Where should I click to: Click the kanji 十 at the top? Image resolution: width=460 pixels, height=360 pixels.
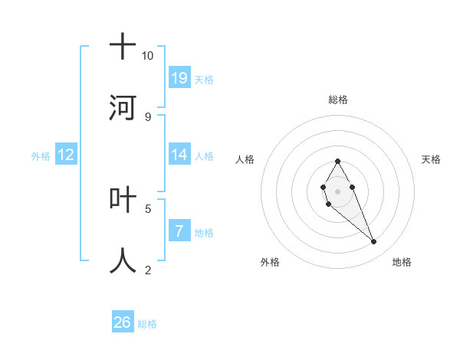123,47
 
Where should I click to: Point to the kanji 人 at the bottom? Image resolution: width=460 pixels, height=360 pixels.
123,260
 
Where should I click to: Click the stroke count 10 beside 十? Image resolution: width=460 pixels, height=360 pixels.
147,56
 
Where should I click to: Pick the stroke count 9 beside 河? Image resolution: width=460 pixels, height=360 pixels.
148,116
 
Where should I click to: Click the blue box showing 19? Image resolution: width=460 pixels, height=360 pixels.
179,78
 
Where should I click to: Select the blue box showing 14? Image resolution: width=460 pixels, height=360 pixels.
179,155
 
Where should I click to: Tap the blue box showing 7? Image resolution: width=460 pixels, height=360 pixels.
179,231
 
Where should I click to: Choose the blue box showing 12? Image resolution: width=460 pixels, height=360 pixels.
66,155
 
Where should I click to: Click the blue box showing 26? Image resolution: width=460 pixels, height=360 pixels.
123,322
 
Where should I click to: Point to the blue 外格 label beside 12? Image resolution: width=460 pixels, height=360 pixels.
41,156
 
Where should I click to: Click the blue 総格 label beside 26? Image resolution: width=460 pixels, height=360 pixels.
147,324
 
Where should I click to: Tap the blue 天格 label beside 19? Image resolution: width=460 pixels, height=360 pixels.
203,80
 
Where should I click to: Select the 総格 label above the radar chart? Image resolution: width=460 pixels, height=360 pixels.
337,100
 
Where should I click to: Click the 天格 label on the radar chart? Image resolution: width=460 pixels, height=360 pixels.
432,159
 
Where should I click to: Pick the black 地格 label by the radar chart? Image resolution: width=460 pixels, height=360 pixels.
402,262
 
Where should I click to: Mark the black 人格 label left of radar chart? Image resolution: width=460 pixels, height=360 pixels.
245,159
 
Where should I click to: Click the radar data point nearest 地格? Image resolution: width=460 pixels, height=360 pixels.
374,242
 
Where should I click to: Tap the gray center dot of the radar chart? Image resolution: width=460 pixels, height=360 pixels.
337,190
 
